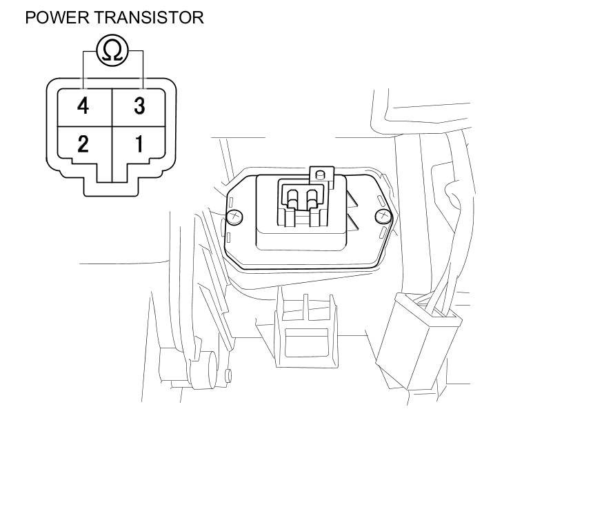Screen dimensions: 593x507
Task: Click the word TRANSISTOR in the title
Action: pos(148,17)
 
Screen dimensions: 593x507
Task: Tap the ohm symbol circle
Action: pos(112,50)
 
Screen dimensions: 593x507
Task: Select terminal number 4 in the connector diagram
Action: pos(83,106)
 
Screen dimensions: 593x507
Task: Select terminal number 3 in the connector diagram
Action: pos(139,106)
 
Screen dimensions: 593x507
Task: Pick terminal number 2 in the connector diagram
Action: pos(83,144)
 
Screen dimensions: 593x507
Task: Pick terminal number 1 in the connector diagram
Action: pos(139,144)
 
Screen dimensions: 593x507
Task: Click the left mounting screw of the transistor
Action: pos(235,217)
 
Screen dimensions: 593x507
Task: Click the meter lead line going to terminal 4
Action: pos(83,69)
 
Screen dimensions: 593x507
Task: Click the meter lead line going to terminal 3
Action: pos(143,69)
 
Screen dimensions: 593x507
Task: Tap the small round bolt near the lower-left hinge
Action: pos(228,375)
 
